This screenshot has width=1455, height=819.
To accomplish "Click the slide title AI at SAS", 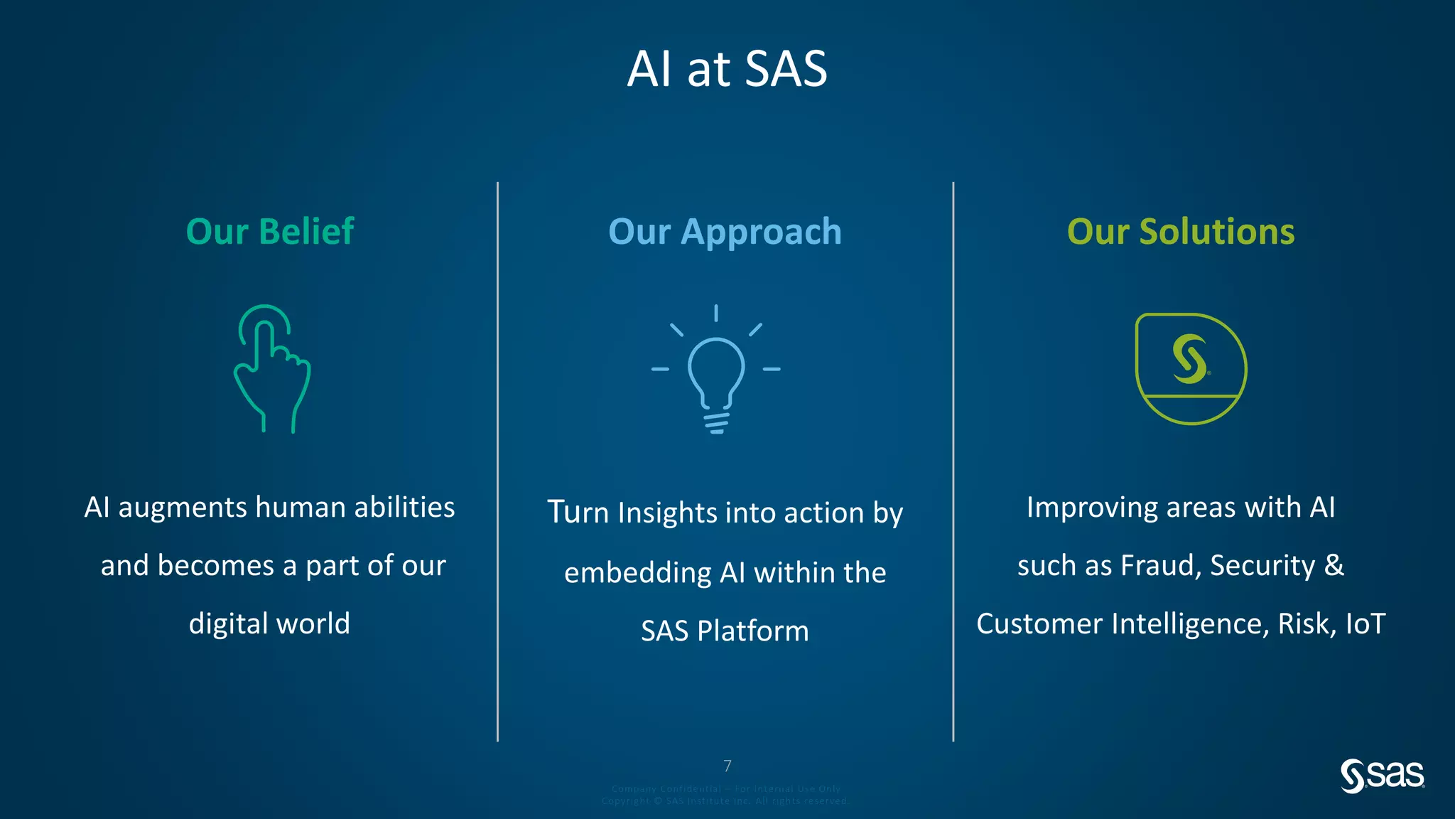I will pyautogui.click(x=727, y=69).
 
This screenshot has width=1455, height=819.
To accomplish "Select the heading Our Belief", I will pyautogui.click(x=270, y=232).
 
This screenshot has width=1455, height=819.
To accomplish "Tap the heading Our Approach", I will pyautogui.click(x=725, y=232).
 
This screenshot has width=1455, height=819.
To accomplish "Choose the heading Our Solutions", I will pyautogui.click(x=1181, y=232).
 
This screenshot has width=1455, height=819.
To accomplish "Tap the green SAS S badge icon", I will pyautogui.click(x=1191, y=368).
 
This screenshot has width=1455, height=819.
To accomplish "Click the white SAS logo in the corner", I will pyautogui.click(x=1382, y=775).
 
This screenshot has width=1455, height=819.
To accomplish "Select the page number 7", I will pyautogui.click(x=727, y=766).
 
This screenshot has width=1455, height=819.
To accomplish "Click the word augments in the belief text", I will pyautogui.click(x=183, y=508).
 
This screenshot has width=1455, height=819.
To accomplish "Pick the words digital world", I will pyautogui.click(x=269, y=623).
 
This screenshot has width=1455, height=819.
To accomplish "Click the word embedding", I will pyautogui.click(x=637, y=573).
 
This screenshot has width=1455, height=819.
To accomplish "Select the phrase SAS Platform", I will pyautogui.click(x=725, y=631).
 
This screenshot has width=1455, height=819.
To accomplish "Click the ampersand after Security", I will pyautogui.click(x=1334, y=566).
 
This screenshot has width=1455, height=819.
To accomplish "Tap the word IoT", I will pyautogui.click(x=1365, y=624).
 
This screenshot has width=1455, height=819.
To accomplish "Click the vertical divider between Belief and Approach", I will pyautogui.click(x=497, y=462).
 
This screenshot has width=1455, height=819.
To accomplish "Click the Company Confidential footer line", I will pyautogui.click(x=725, y=788).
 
